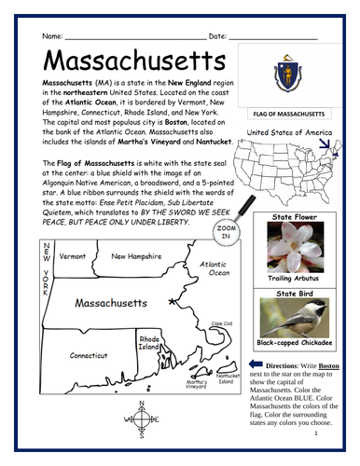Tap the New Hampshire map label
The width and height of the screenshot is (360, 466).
tap(136, 255)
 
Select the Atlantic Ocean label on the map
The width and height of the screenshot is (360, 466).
tap(215, 268)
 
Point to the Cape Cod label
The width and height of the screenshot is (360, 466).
tap(221, 323)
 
